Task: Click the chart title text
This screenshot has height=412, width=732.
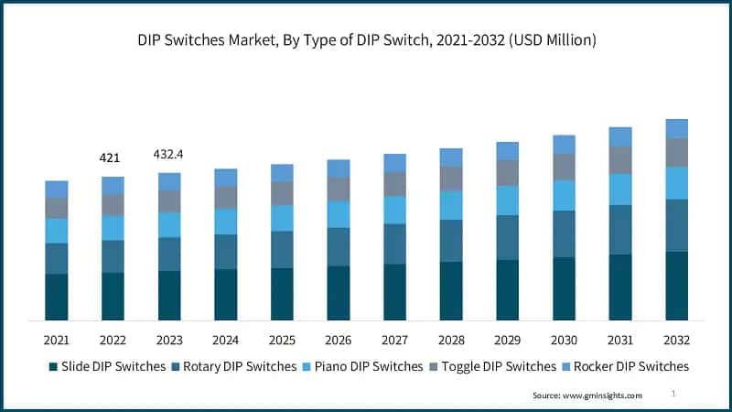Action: coord(366,39)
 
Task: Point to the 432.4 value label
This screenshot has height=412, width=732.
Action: coord(168,154)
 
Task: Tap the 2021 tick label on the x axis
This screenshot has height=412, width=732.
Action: coord(57,341)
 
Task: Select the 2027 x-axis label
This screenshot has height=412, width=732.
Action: coord(394,341)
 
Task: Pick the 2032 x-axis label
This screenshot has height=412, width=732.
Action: coord(676,341)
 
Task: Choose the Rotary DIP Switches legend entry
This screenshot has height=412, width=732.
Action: coord(233,366)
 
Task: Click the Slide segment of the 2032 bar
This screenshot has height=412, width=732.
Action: coord(676,286)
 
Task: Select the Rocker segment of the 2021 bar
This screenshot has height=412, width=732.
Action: coord(57,190)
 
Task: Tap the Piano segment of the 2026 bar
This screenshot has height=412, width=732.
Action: coord(339,214)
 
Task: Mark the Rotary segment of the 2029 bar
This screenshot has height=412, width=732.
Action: coord(508,237)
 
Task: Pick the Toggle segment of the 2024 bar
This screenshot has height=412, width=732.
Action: coord(225,198)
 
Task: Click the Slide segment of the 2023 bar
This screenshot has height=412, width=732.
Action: coord(169,296)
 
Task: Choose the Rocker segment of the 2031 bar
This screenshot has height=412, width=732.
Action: coord(620,137)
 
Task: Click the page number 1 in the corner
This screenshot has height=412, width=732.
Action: coord(673,393)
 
